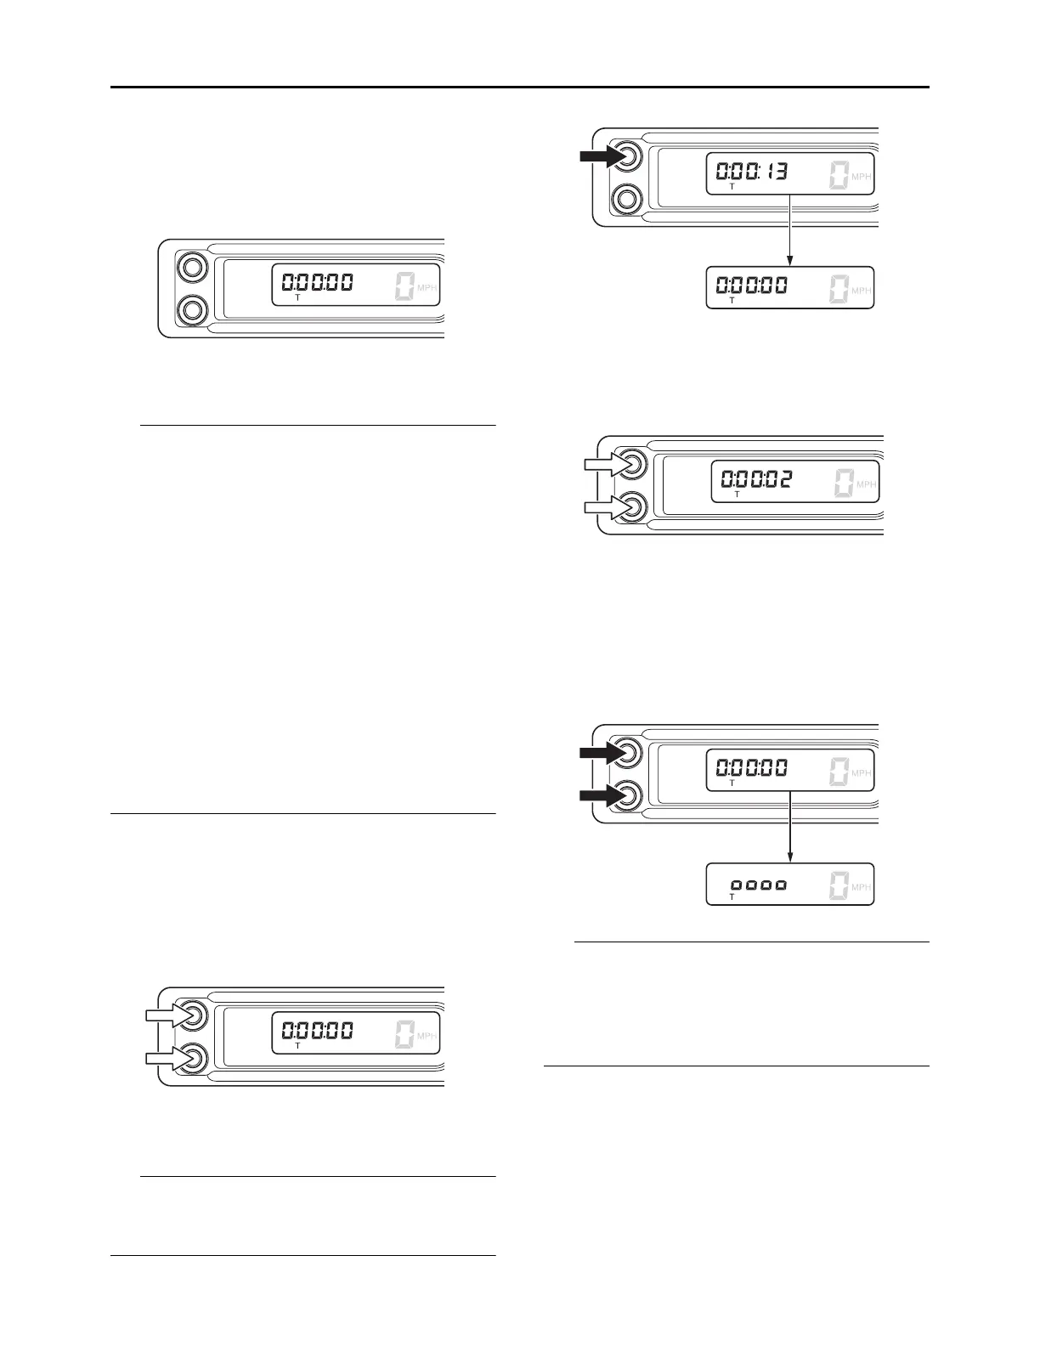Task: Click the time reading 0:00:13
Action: click(752, 172)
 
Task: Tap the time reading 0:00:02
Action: click(757, 480)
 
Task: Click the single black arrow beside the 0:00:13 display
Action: click(600, 156)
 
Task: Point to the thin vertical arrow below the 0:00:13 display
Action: click(790, 230)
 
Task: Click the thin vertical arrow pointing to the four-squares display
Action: click(790, 827)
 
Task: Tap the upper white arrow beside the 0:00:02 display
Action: click(606, 464)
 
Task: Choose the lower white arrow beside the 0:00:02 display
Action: click(606, 507)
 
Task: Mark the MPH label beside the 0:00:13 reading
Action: click(861, 177)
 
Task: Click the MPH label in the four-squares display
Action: click(861, 887)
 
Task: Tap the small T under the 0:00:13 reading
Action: click(732, 186)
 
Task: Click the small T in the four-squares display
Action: click(732, 896)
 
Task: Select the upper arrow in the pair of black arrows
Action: click(600, 752)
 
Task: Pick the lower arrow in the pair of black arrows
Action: click(600, 795)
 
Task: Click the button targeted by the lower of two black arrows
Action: click(627, 795)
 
